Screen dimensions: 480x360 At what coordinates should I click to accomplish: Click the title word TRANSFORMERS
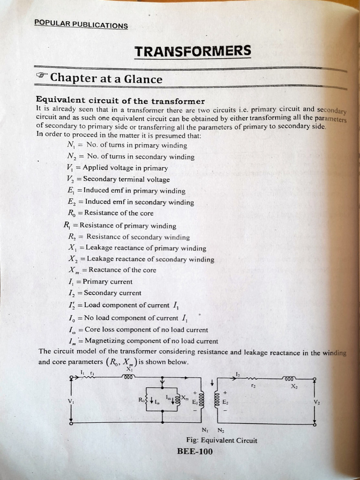[x=193, y=51]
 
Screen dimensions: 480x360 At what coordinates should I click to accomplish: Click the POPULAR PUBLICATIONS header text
[x=81, y=25]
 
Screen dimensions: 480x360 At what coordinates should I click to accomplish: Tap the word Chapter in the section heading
[x=73, y=78]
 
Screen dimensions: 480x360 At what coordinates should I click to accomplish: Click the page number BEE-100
[x=195, y=451]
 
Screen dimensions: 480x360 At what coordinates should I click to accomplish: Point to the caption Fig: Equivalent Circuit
[x=222, y=440]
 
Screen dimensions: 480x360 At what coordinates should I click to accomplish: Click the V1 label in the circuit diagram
[x=71, y=401]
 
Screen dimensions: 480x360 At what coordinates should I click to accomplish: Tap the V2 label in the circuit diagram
[x=317, y=402]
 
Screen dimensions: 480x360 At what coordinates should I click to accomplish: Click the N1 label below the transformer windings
[x=205, y=430]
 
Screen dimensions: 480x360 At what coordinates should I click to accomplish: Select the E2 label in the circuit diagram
[x=225, y=402]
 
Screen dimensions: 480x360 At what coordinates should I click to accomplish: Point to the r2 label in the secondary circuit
[x=253, y=385]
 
